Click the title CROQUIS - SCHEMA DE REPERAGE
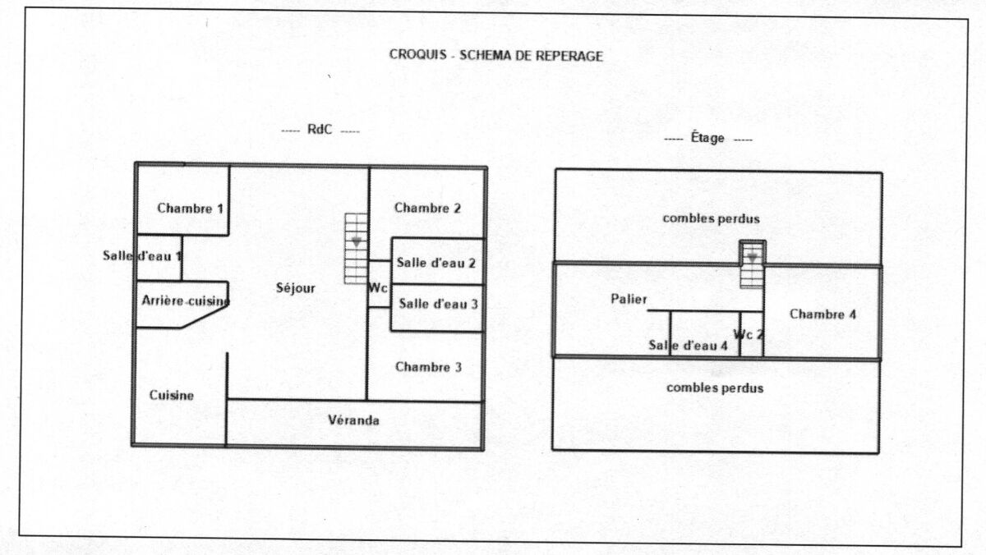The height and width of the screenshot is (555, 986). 495,56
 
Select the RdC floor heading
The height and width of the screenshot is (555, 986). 320,130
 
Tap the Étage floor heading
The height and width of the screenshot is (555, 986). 707,139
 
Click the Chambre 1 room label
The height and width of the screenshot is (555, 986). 191,209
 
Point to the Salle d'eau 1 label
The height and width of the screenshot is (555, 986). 142,255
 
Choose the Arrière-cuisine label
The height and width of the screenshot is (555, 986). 185,301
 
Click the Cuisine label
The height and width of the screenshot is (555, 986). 172,396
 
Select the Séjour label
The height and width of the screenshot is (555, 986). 296,288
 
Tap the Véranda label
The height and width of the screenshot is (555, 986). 353,420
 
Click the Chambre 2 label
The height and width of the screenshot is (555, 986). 427,209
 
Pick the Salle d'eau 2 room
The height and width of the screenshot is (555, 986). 436,263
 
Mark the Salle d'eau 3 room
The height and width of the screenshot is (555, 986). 439,303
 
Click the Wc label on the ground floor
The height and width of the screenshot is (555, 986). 378,289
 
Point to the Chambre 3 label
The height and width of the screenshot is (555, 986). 428,367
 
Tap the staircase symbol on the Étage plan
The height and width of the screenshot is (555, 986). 752,264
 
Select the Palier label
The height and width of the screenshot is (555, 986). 629,299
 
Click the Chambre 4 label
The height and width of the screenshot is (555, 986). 823,314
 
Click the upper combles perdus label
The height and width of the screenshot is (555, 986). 712,218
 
